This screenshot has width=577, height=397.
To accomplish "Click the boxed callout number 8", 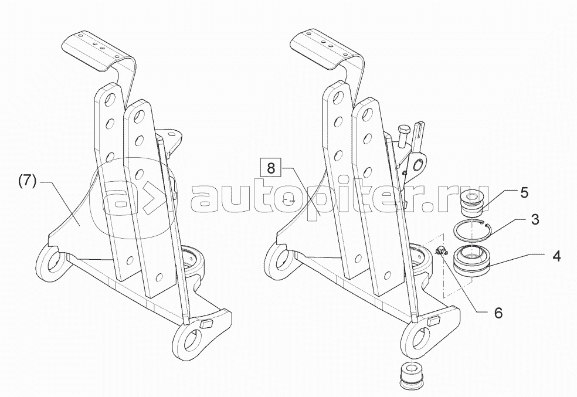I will pyautogui.click(x=270, y=168).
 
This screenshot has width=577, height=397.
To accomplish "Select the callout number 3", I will pyautogui.click(x=534, y=220).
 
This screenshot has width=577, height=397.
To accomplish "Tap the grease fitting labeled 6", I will pyautogui.click(x=442, y=252).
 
